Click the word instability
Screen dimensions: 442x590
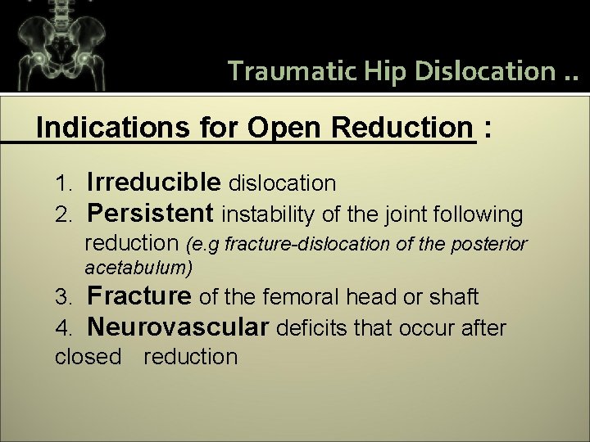coord(268,214)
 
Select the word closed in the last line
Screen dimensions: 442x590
coord(88,357)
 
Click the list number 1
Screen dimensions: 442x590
coord(66,181)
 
